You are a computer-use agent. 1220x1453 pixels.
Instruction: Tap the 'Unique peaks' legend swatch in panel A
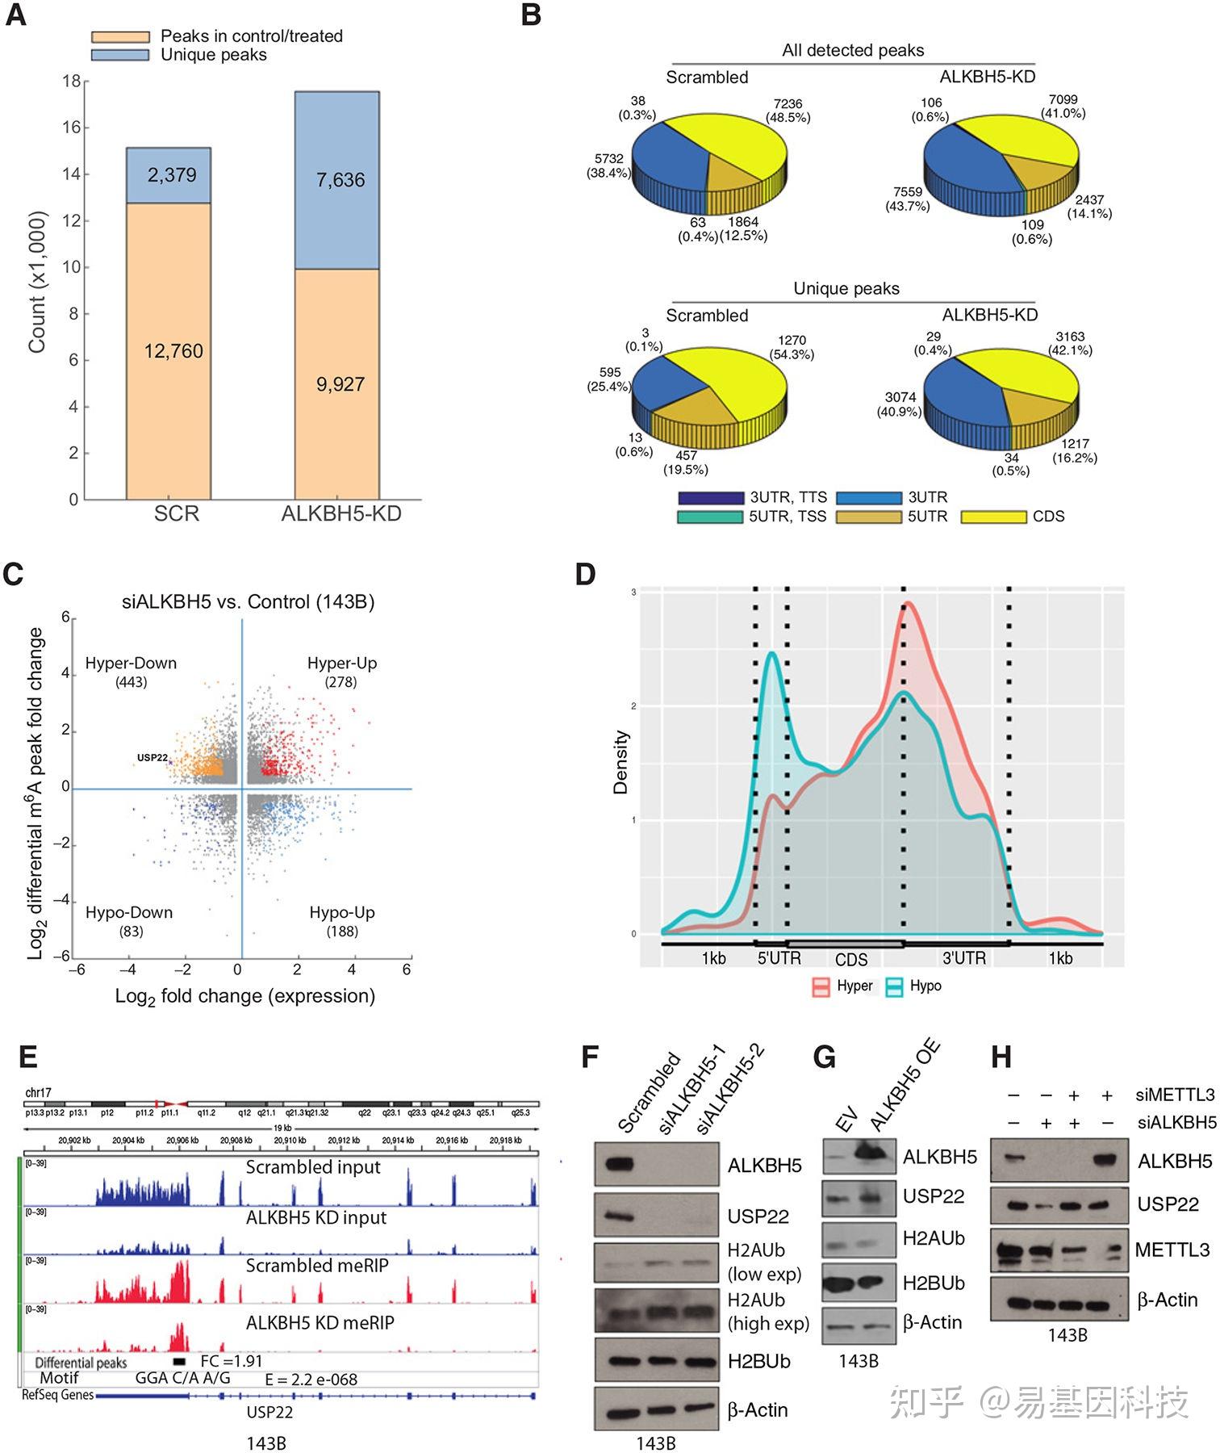click(x=120, y=55)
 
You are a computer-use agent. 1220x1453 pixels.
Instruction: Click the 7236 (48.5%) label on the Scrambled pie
click(x=787, y=111)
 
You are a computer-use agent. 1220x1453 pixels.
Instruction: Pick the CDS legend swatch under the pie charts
click(x=993, y=517)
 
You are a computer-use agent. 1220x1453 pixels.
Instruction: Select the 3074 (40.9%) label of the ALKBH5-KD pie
click(x=900, y=404)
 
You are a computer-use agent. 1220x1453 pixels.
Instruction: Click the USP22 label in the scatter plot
click(x=152, y=758)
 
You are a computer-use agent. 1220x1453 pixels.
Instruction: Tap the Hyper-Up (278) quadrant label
click(x=341, y=672)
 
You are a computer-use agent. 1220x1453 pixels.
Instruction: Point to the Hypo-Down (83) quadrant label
click(x=129, y=921)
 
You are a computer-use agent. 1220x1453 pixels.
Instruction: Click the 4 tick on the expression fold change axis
click(x=352, y=969)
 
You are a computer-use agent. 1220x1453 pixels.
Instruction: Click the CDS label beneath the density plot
click(x=850, y=960)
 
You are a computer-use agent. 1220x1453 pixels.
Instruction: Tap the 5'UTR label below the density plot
click(x=779, y=958)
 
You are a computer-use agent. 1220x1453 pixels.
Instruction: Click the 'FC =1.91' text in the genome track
click(x=231, y=1361)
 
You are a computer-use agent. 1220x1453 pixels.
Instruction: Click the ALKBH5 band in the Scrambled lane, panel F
click(x=623, y=1164)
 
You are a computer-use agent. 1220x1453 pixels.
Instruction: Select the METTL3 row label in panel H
click(x=1172, y=1250)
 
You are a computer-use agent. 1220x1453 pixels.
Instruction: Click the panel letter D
click(x=585, y=575)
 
